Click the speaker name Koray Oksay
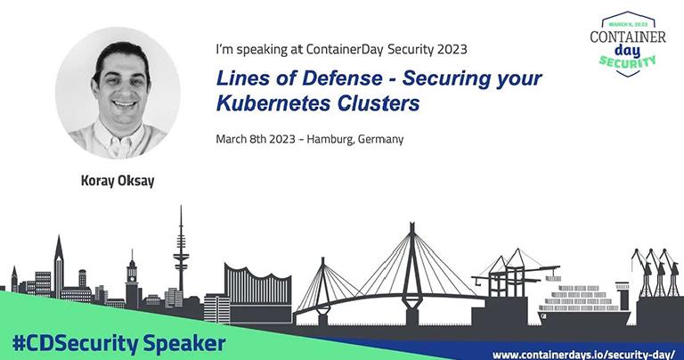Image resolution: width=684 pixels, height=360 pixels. click(118, 180)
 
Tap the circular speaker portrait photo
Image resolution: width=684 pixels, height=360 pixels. click(118, 94)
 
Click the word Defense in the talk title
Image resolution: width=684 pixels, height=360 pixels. click(342, 78)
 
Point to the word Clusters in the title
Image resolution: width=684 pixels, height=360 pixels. click(379, 103)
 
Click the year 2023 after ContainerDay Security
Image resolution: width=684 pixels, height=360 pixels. click(452, 49)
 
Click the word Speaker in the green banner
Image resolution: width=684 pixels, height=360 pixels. click(184, 344)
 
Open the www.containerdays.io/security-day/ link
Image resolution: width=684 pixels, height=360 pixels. click(583, 354)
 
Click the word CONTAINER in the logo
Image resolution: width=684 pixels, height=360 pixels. click(628, 37)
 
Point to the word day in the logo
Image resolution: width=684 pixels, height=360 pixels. click(628, 51)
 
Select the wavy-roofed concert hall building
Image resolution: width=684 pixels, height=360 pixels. click(258, 292)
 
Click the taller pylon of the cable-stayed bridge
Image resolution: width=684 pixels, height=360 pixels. click(411, 274)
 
